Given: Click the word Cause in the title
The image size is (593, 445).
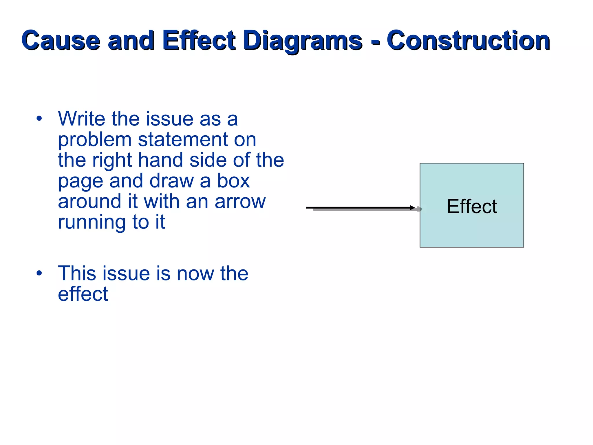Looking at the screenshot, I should point(61,40).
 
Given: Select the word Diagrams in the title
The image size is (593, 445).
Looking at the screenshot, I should point(303,40).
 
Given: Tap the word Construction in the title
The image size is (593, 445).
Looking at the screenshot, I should point(468,40).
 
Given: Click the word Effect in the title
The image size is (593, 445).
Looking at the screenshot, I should point(199,40).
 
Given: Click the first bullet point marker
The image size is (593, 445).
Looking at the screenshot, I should point(39,119).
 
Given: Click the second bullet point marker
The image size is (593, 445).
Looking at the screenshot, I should point(39,273).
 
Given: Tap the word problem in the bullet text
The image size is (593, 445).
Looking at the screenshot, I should point(95,140).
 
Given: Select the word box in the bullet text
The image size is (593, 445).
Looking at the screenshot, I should point(233,181).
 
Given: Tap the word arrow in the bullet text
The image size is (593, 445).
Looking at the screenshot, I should point(240,202).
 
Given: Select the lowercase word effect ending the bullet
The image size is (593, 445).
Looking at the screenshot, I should point(83,294).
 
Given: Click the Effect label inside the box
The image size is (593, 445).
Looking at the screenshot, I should point(472,207).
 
